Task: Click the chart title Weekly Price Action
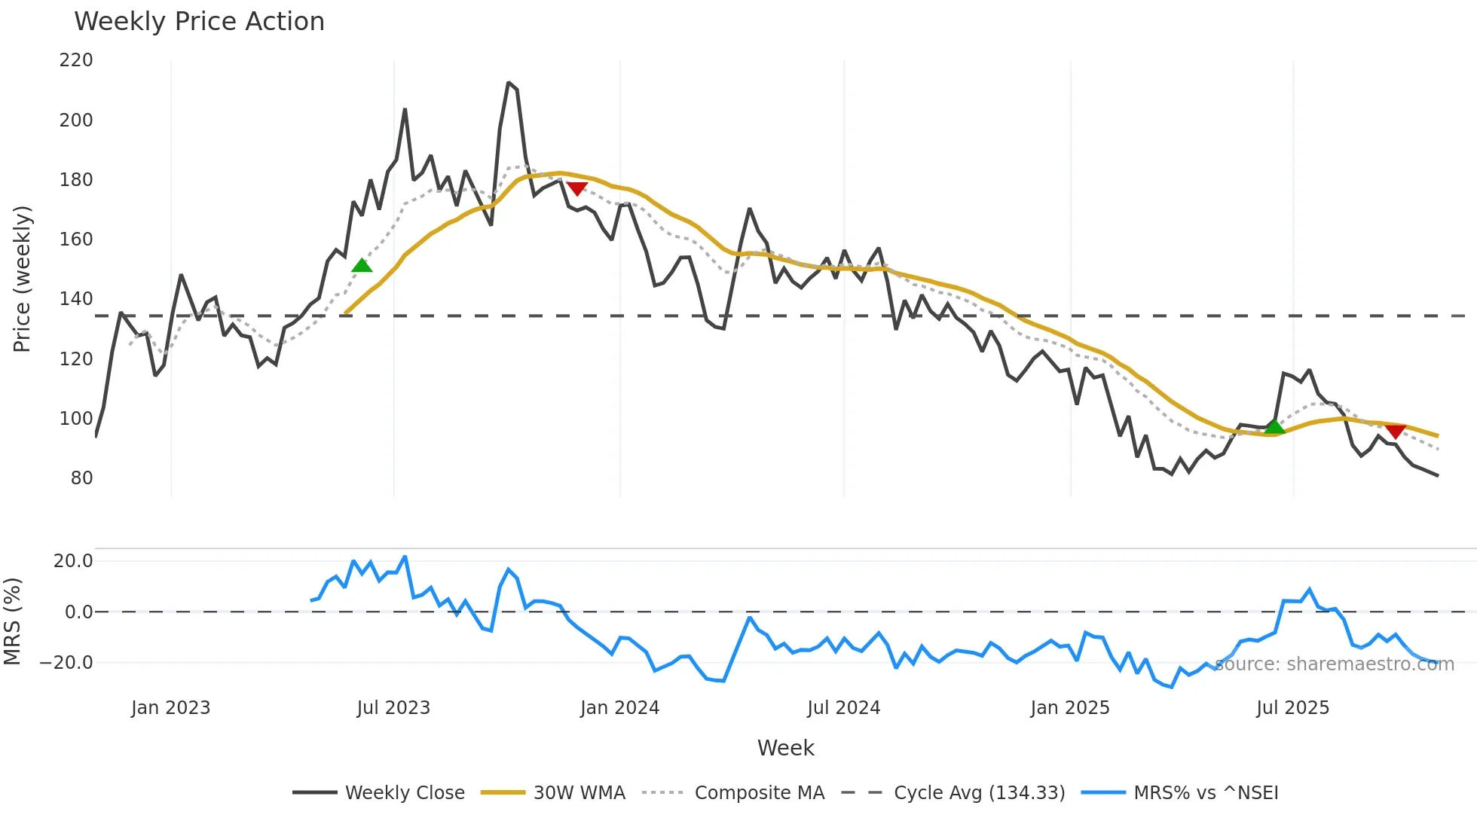point(199,22)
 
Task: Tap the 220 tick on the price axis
point(76,60)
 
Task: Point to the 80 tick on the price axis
point(81,478)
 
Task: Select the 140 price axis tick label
point(76,299)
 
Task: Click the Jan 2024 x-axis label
point(619,708)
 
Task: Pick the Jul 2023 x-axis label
point(393,708)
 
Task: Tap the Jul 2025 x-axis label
point(1292,708)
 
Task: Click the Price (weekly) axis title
point(22,279)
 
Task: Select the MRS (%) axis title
point(12,621)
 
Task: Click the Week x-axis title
point(785,748)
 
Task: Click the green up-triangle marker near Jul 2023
point(362,265)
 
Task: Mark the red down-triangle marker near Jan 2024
point(577,188)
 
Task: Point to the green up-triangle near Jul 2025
point(1274,427)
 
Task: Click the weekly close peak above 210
point(509,83)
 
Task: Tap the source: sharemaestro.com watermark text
point(1334,664)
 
